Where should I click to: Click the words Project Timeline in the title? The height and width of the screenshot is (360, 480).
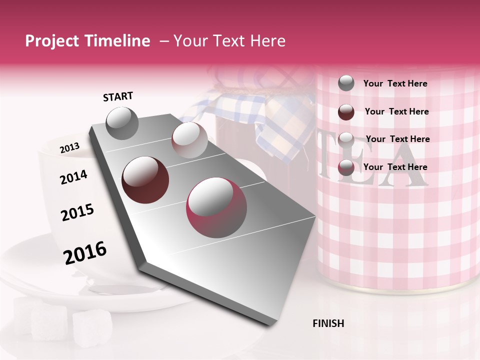(x=87, y=41)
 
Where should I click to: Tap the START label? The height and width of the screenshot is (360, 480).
(x=118, y=96)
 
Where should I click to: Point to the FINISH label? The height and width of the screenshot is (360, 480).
(x=328, y=323)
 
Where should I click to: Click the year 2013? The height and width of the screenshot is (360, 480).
(x=69, y=148)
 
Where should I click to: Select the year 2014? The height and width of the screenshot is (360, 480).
(x=73, y=177)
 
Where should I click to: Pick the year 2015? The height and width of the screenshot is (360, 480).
(x=77, y=212)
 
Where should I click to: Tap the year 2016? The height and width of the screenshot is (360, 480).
(x=85, y=253)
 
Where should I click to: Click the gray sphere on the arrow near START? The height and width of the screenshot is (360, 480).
(x=122, y=123)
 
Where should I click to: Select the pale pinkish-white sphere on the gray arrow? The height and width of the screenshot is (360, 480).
(x=189, y=140)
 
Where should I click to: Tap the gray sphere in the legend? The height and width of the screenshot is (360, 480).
(x=346, y=83)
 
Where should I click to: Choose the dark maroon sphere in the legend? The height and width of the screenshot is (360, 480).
(x=346, y=111)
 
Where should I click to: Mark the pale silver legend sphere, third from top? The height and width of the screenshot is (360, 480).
(x=346, y=139)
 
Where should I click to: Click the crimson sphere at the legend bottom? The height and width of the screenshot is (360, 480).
(x=346, y=167)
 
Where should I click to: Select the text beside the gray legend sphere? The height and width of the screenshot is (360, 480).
(x=395, y=83)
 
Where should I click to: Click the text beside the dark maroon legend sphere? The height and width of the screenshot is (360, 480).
(x=397, y=111)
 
